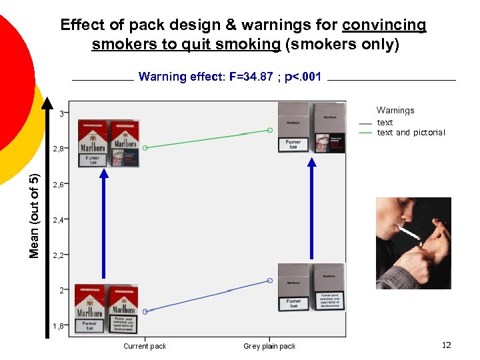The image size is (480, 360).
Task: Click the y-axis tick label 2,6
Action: coord(59,185)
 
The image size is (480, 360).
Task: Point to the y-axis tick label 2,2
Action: coord(59,255)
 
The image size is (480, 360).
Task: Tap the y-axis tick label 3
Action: coord(61,114)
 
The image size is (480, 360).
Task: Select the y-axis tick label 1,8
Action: coord(59,326)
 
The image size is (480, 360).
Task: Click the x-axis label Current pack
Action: coord(145,346)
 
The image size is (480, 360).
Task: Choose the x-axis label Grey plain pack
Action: coord(269,346)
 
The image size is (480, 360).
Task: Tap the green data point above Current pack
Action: coord(145,147)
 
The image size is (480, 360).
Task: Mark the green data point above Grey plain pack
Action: coord(270,130)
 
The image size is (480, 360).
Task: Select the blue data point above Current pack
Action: coord(145,311)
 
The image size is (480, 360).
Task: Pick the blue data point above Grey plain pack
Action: coord(270,281)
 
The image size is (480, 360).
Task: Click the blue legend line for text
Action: coord(365,123)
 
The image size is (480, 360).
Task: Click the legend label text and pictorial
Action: coord(411,133)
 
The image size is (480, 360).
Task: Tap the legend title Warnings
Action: coord(395,111)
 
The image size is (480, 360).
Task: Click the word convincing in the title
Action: coord(384,25)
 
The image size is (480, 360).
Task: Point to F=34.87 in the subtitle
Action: coord(251,77)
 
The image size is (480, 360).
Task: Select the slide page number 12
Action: coord(447,345)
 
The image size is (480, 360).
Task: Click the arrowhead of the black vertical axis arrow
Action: coord(47,104)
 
